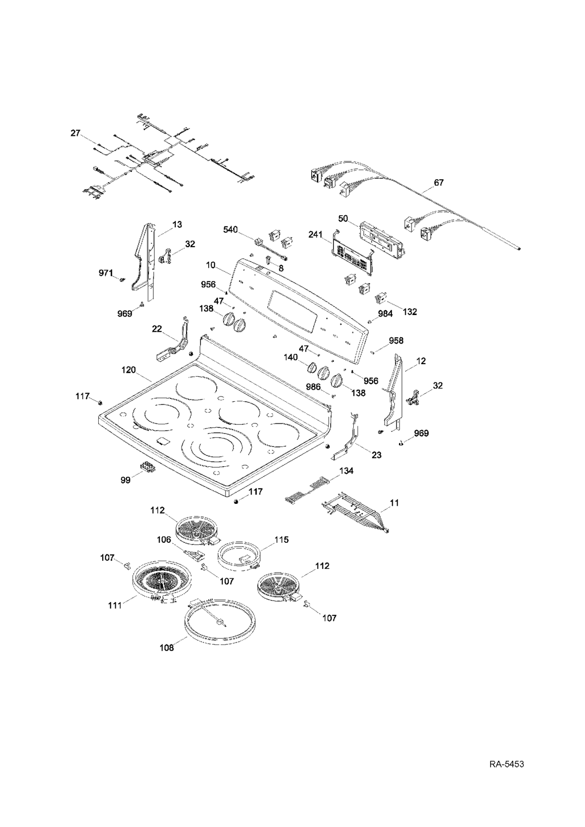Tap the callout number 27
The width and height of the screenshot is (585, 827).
coord(76,133)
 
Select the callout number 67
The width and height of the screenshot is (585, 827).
coord(439,183)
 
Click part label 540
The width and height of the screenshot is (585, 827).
coord(230,230)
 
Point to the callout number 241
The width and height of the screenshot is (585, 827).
coord(316,234)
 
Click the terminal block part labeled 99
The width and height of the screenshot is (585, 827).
coord(148,467)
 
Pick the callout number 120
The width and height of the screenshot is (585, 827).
coord(128,370)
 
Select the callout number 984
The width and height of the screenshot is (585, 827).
coord(385,314)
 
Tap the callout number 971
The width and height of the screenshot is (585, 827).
coord(106,273)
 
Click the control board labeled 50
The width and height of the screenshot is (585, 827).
coord(380,239)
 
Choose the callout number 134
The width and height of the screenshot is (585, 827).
coord(346,471)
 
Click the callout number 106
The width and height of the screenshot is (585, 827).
coord(164,539)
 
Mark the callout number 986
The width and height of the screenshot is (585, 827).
coord(314,387)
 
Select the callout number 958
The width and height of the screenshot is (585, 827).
coord(396,341)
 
